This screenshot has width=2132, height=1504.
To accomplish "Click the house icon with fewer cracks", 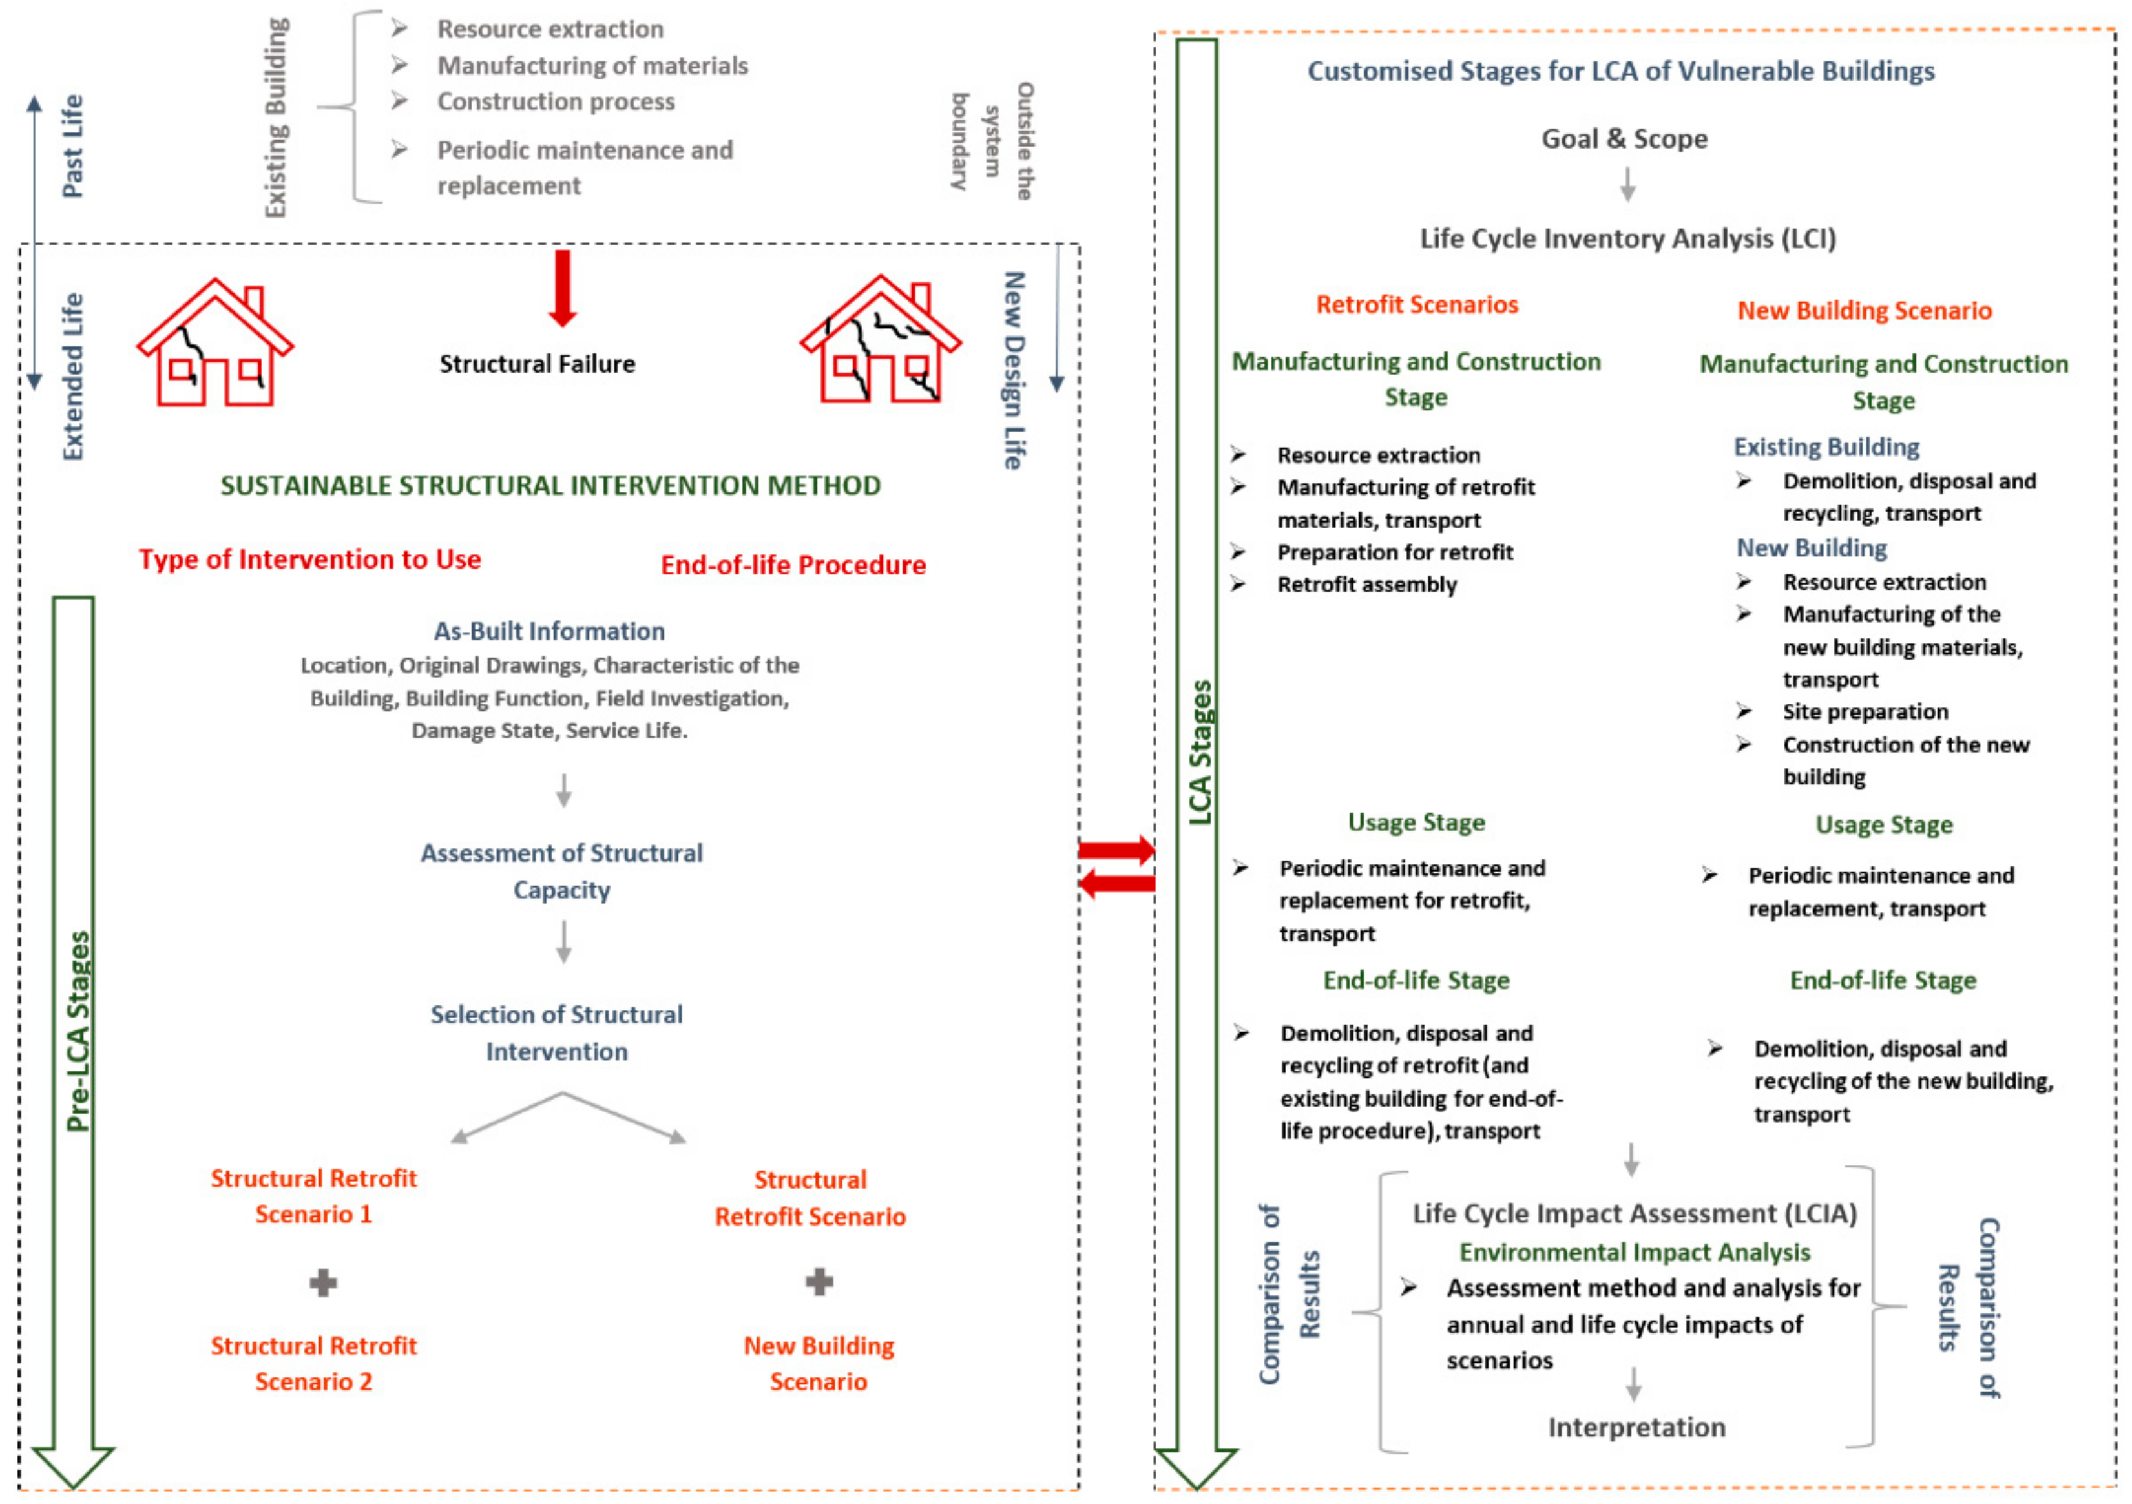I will coord(214,344).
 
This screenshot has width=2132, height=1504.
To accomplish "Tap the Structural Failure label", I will coord(537,364).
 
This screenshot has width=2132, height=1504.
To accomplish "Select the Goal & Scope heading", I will coord(1624,140).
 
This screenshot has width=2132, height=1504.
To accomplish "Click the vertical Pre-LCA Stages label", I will coord(79,1030).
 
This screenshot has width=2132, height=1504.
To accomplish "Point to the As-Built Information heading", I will coord(549,631).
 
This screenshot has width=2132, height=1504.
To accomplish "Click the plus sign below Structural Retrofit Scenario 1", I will coord(322,1284).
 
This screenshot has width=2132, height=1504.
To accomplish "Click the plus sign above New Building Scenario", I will coord(818,1282).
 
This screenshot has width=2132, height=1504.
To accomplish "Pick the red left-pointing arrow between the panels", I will coord(1117,883).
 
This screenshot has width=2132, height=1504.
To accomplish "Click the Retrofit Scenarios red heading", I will coord(1416,304).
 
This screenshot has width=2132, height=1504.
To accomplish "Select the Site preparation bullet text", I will coord(1865,712).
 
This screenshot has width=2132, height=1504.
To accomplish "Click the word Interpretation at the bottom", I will coord(1636,1427).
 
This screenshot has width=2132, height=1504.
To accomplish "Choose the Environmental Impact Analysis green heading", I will coord(1635,1253).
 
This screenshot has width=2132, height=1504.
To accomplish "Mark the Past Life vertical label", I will coord(72,146).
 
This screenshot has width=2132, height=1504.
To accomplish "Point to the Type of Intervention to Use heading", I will coord(309,560).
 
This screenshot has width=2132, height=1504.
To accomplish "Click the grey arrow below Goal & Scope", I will coord(1627,184).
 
